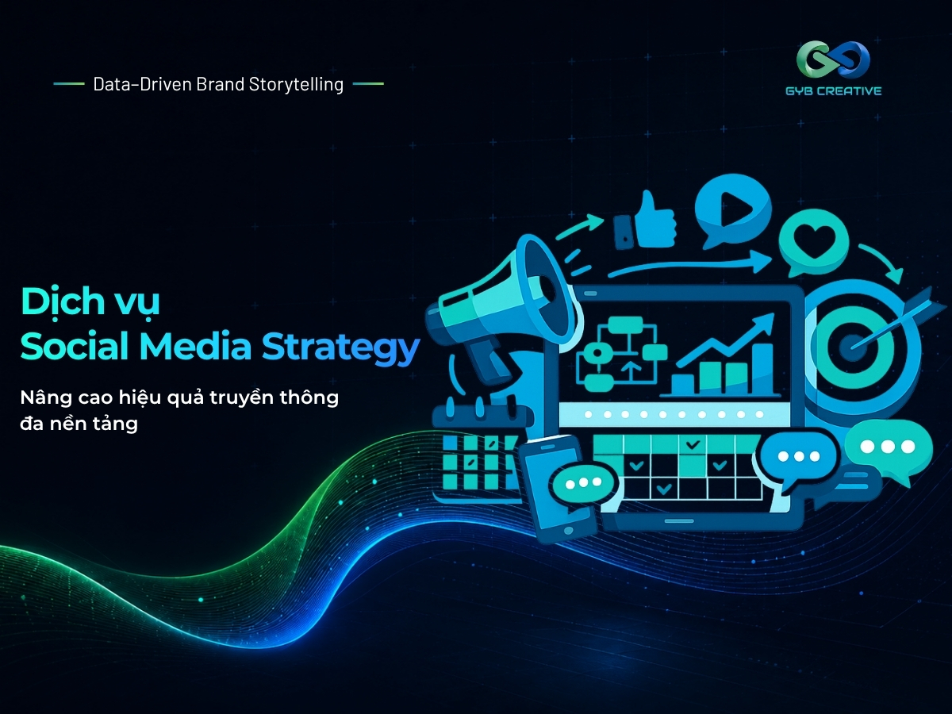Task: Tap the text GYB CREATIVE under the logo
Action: [834, 90]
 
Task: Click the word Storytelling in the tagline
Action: [296, 85]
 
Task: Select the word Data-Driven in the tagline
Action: [142, 84]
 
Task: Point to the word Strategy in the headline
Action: [341, 347]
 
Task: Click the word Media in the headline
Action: [196, 347]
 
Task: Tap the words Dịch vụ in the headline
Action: [90, 302]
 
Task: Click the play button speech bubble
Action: [732, 208]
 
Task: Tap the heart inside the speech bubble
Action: [815, 241]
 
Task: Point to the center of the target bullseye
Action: [849, 347]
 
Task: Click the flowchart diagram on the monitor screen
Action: [622, 354]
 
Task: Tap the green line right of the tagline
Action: [368, 83]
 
